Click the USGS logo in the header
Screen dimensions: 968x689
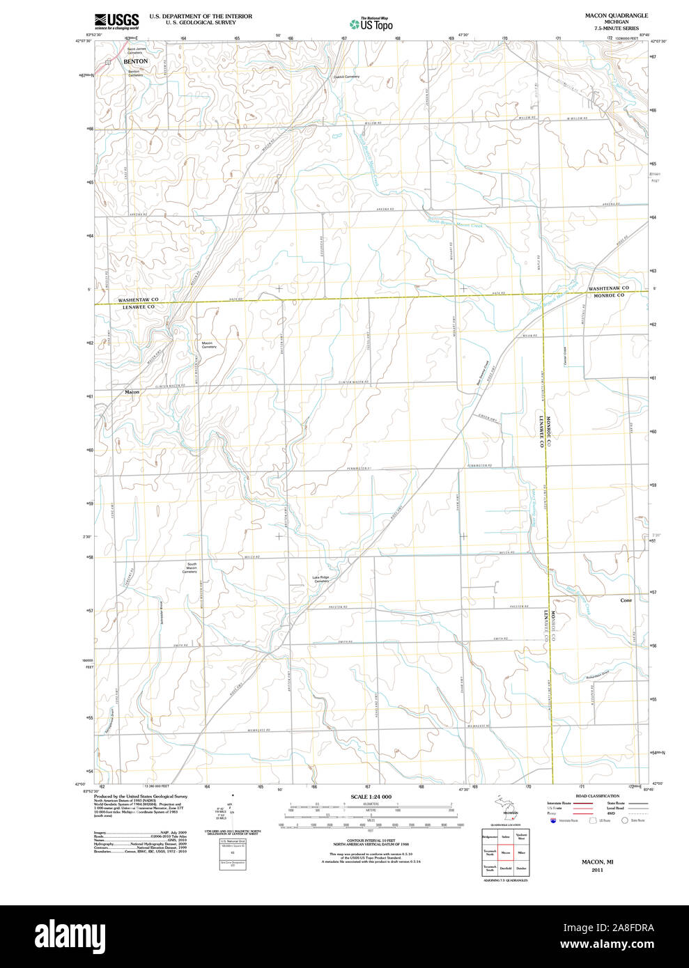click(116, 20)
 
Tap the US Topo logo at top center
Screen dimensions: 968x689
click(371, 24)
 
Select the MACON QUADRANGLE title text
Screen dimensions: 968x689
click(616, 15)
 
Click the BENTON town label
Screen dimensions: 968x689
click(136, 61)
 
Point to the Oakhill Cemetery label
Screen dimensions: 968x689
click(346, 77)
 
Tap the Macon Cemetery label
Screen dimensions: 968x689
click(209, 345)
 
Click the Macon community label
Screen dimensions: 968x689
click(132, 392)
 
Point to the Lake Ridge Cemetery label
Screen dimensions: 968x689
click(320, 579)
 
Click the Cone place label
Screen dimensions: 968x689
click(626, 600)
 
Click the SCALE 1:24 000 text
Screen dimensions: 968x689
click(371, 797)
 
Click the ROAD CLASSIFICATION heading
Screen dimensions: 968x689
click(597, 796)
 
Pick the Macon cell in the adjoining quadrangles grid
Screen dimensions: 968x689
click(506, 852)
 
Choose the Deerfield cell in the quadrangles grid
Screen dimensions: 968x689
click(506, 868)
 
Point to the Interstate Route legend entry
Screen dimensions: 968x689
click(559, 804)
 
